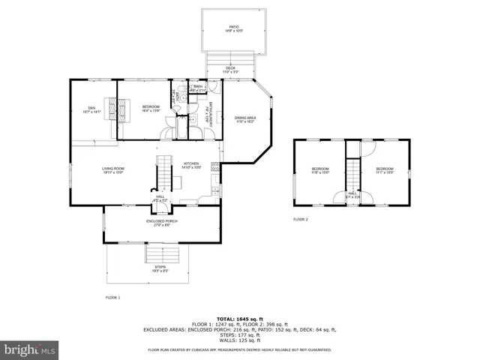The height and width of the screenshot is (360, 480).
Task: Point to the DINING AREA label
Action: coord(245,118)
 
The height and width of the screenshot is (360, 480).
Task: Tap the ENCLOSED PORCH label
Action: coord(161,223)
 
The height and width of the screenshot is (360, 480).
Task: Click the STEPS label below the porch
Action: coord(160,268)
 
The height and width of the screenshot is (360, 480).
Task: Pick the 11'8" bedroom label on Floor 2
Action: coord(320,170)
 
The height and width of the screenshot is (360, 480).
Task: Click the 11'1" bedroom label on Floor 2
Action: coord(385,170)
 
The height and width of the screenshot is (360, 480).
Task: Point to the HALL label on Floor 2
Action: coord(352,195)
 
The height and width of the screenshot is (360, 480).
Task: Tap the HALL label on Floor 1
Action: coord(160,198)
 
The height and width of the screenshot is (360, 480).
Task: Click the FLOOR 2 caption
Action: coord(301,219)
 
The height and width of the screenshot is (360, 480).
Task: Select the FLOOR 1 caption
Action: coord(112,298)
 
